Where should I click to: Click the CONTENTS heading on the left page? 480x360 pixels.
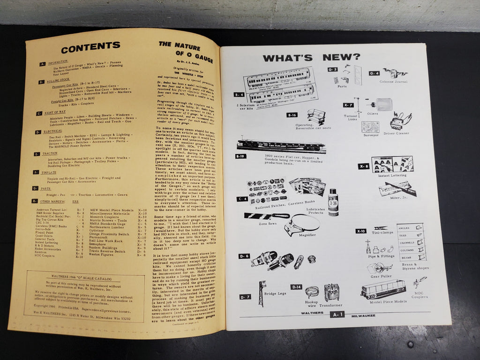click(90, 48)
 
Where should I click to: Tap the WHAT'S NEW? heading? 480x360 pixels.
click(311, 58)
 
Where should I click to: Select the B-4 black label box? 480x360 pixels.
click(239, 94)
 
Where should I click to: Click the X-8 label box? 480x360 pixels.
click(363, 165)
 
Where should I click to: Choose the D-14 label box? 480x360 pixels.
click(296, 286)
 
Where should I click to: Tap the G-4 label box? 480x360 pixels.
click(374, 73)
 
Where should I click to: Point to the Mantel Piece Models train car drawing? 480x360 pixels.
click(382, 289)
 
